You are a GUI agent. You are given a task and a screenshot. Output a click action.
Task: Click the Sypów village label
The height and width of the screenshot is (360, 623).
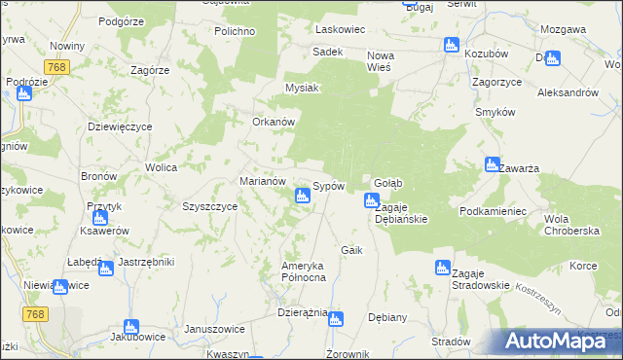[x=329, y=186]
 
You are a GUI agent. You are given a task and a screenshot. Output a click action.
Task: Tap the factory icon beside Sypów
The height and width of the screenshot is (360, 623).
[x=302, y=197]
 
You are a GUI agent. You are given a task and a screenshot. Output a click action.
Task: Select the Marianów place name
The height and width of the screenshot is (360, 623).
[x=262, y=181]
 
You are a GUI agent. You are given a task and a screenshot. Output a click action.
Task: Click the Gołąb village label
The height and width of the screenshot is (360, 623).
[x=388, y=183]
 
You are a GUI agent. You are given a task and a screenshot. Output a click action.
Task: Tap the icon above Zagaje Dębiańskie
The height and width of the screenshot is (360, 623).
[x=371, y=201]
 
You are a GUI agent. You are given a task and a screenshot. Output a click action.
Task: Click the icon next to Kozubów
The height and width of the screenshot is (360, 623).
[x=451, y=45]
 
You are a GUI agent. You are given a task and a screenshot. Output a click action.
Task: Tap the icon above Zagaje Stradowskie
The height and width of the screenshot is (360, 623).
[x=443, y=267]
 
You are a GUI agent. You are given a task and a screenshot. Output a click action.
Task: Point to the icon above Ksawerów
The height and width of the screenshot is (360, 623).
[x=99, y=218]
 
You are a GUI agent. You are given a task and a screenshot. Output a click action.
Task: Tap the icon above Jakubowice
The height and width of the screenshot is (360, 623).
[x=130, y=328]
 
